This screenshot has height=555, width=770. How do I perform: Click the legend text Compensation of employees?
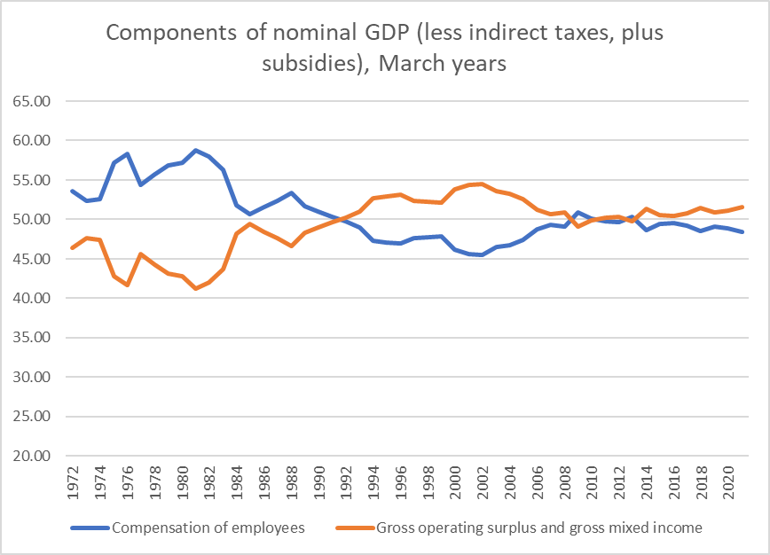208,528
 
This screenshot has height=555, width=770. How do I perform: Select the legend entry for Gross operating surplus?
539,528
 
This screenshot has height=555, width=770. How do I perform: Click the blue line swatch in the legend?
89,528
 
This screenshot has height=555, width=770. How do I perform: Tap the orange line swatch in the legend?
354,528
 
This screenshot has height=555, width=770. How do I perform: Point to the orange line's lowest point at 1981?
196,288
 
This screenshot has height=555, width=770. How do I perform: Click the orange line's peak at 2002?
481,184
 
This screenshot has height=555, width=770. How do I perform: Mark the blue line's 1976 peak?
128,154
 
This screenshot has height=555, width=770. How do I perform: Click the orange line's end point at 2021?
742,207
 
